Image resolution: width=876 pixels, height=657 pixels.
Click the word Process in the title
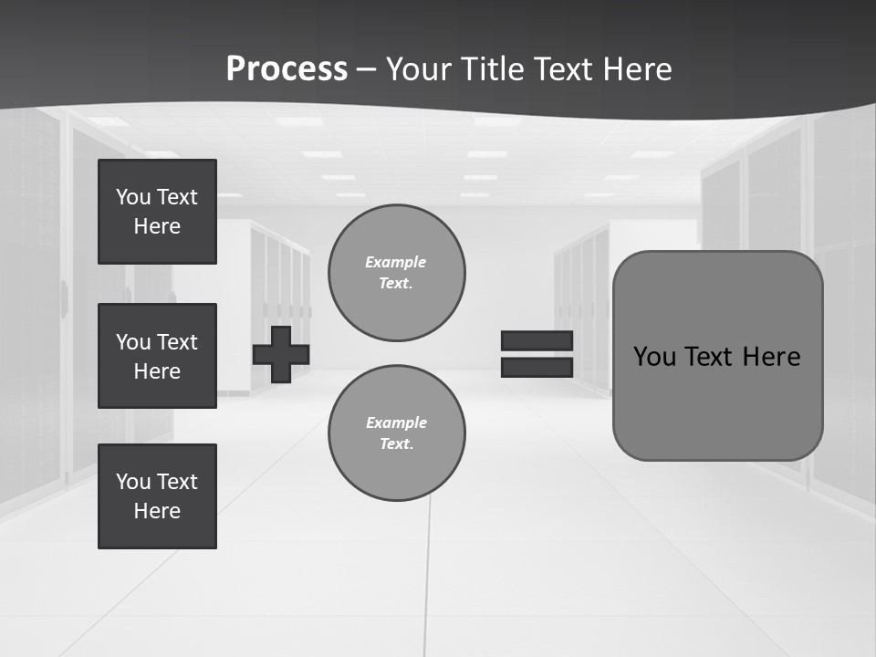click(x=287, y=68)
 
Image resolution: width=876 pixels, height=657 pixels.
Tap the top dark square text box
click(x=157, y=212)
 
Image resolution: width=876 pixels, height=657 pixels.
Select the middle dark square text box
click(x=157, y=356)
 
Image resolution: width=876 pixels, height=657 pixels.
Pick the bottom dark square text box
click(x=157, y=496)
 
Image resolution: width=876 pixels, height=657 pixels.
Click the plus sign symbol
click(x=281, y=354)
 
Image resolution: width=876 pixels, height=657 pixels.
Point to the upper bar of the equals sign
click(x=537, y=340)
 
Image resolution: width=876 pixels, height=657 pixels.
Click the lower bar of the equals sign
click(x=537, y=367)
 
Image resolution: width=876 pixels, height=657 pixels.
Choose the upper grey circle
click(x=397, y=273)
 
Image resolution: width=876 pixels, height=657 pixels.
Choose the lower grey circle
click(x=397, y=433)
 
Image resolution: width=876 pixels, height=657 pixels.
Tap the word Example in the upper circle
click(x=396, y=262)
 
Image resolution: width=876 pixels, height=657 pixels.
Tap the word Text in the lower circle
click(x=395, y=444)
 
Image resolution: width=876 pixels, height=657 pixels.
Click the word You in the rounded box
click(x=654, y=357)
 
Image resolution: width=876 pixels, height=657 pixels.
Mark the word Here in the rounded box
click(x=771, y=357)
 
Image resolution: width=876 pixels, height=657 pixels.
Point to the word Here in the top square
click(x=157, y=226)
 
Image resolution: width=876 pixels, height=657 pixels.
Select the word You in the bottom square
click(x=133, y=482)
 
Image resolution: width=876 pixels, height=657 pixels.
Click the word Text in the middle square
click(x=177, y=342)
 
